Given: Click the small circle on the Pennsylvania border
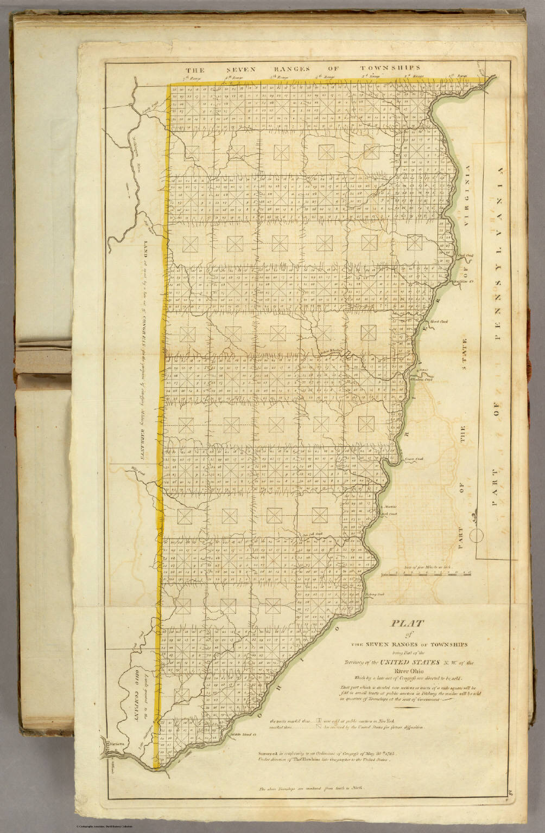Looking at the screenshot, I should pyautogui.click(x=477, y=537).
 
